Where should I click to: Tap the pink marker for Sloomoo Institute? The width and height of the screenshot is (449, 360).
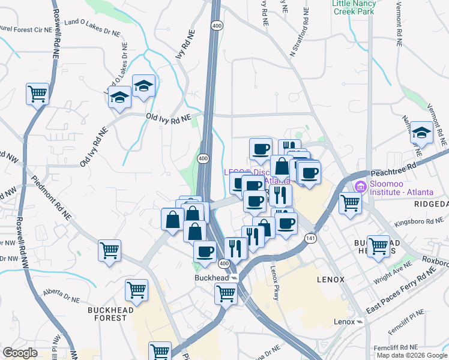click(360, 187)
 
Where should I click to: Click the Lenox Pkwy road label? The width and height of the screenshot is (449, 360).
click(276, 277)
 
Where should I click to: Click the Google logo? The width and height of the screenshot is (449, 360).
click(20, 353)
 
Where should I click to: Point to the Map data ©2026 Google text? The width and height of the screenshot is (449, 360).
click(411, 355)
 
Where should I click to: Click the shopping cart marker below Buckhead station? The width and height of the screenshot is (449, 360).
click(226, 293)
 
